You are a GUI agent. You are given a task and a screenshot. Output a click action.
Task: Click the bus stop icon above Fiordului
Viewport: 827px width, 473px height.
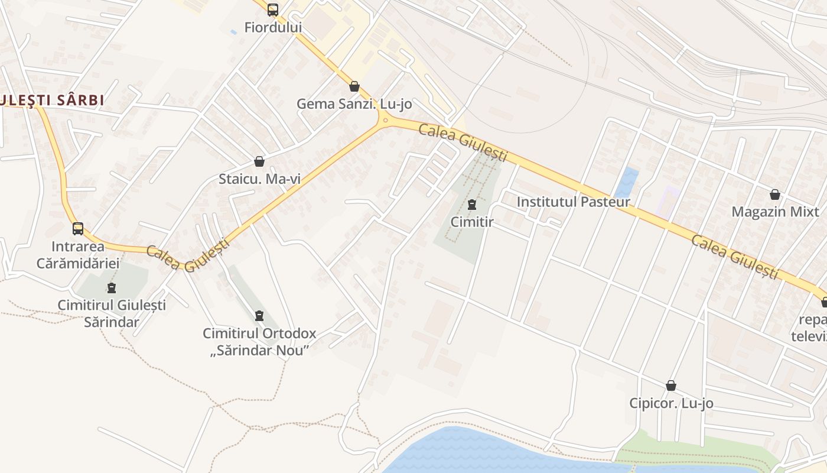272,10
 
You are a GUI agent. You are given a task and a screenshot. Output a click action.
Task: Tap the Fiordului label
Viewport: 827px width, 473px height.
273,27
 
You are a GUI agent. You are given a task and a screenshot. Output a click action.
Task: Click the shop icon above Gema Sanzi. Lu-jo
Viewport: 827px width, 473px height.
354,86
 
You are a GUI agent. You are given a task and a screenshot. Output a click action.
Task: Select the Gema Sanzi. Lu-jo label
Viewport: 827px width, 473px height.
354,103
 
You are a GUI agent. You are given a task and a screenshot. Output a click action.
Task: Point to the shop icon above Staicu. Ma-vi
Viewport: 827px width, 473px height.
259,161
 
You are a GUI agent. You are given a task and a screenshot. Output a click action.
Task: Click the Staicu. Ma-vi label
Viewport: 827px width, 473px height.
259,179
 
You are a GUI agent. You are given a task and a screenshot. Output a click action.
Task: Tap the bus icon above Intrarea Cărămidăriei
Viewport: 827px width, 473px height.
78,229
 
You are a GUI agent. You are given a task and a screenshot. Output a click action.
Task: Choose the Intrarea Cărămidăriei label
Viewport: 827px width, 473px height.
78,254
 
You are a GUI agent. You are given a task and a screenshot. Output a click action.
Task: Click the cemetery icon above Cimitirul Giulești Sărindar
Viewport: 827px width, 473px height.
112,289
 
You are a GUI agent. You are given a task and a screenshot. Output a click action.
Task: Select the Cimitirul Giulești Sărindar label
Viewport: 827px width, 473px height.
112,313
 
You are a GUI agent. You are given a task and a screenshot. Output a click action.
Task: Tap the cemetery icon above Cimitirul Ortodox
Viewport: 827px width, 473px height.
259,316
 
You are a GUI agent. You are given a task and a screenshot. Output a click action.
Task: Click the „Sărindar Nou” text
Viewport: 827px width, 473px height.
259,350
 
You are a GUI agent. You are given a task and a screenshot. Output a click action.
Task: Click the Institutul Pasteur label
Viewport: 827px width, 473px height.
573,202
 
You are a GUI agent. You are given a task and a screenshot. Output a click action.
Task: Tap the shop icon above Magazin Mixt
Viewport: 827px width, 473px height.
775,195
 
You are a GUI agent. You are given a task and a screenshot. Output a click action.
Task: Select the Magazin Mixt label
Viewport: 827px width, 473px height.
775,212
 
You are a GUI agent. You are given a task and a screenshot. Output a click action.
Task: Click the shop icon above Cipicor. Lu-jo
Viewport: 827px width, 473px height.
671,386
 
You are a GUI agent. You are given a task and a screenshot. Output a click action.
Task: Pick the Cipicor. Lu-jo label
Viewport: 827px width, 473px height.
671,403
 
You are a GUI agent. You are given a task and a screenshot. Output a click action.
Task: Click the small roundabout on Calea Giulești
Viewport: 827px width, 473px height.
385,121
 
